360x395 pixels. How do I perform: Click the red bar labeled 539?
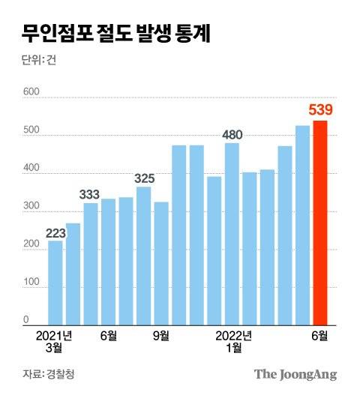[x=320, y=223]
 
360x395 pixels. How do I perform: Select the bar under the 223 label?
[x=55, y=283]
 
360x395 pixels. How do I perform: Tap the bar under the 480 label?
[x=232, y=234]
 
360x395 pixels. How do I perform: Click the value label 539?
[x=320, y=111]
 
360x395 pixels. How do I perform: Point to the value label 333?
[x=90, y=195]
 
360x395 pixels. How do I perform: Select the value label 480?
[x=232, y=135]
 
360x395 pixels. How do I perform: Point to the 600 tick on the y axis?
[x=31, y=92]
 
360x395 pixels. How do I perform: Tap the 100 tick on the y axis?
[x=31, y=282]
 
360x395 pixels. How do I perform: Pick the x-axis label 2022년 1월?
[x=233, y=341]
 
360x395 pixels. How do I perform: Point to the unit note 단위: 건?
[x=39, y=61]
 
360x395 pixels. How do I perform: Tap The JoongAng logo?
[x=295, y=374]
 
